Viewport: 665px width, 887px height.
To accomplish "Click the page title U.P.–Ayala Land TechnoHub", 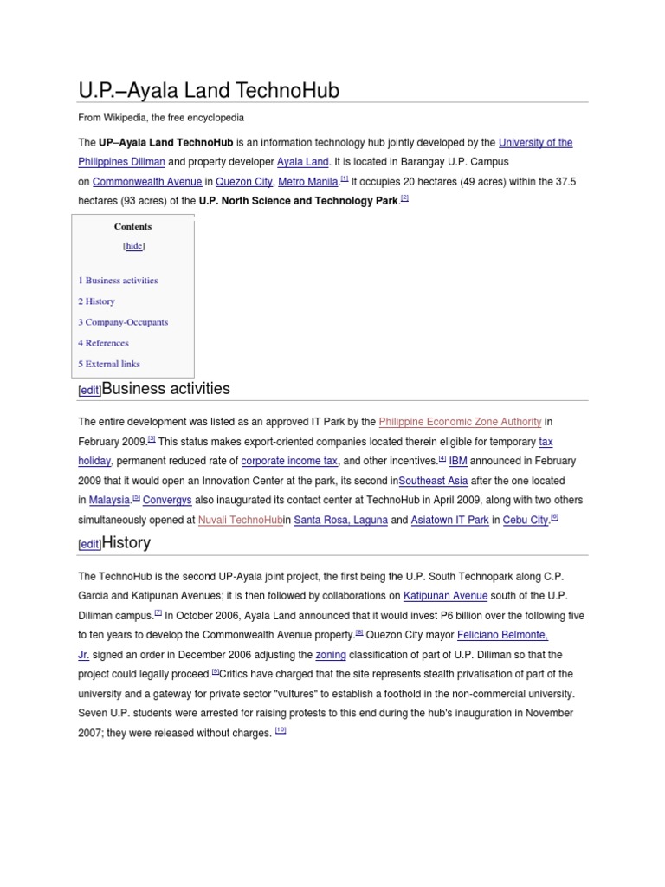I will pyautogui.click(x=209, y=90).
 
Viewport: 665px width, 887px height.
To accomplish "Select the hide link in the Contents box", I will pyautogui.click(x=134, y=246).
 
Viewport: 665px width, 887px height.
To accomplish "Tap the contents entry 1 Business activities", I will pyautogui.click(x=118, y=281).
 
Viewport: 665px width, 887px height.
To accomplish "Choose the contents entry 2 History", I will pyautogui.click(x=96, y=301).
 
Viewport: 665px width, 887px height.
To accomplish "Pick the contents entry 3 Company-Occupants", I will pyautogui.click(x=123, y=322).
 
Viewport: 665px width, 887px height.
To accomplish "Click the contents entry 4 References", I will pyautogui.click(x=103, y=343).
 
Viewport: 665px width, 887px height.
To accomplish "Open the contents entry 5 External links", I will pyautogui.click(x=109, y=364).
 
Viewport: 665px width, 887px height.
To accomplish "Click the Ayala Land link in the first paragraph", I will pyautogui.click(x=302, y=162).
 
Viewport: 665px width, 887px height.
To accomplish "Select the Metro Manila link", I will pyautogui.click(x=307, y=182).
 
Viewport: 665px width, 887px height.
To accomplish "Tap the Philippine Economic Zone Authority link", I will pyautogui.click(x=460, y=422).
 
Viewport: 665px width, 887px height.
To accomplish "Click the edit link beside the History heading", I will pyautogui.click(x=90, y=545).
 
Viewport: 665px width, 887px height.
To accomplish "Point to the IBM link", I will pyautogui.click(x=458, y=461).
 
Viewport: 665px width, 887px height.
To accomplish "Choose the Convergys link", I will pyautogui.click(x=167, y=501).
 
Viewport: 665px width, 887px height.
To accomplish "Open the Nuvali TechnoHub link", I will pyautogui.click(x=240, y=521).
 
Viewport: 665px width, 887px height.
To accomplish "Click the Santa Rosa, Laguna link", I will pyautogui.click(x=340, y=521).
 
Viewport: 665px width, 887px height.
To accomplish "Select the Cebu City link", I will pyautogui.click(x=526, y=521).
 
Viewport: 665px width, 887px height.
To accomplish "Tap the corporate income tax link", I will pyautogui.click(x=289, y=461).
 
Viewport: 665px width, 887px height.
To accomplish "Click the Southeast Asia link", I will pyautogui.click(x=433, y=481).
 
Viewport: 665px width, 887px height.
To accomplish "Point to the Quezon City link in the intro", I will pyautogui.click(x=243, y=182).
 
